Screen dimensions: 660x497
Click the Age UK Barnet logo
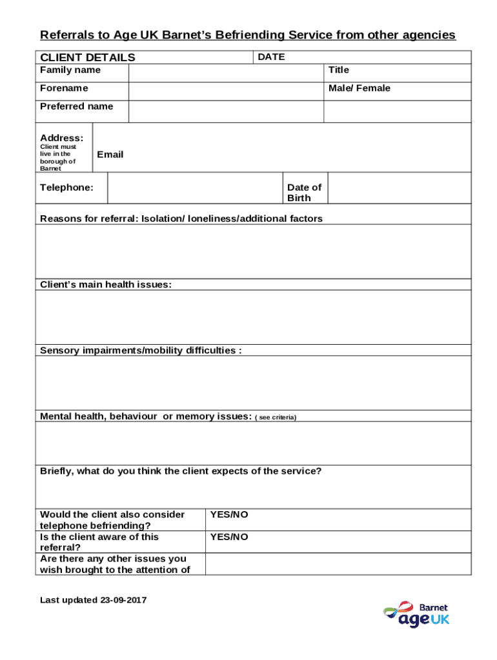click(x=416, y=615)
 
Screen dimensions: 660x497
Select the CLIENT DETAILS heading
click(x=88, y=57)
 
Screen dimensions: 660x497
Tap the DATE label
click(x=271, y=57)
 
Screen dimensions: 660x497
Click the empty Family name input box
click(x=226, y=73)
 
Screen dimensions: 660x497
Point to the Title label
click(x=339, y=70)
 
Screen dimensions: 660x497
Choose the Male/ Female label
click(x=360, y=88)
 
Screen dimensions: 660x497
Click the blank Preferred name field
click(x=226, y=112)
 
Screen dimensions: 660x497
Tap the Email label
click(x=110, y=155)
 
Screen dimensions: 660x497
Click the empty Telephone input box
click(x=194, y=188)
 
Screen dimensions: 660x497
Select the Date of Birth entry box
click(x=400, y=188)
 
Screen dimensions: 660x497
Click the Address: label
click(x=61, y=138)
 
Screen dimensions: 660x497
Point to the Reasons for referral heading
click(x=181, y=218)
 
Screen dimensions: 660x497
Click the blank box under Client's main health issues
click(x=254, y=317)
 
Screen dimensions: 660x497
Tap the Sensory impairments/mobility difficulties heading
click(x=141, y=351)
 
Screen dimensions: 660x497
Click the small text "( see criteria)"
click(x=276, y=418)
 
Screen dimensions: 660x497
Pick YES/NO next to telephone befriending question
click(x=229, y=515)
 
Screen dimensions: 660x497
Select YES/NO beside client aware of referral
click(x=229, y=537)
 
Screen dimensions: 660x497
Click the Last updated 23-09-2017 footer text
click(x=94, y=600)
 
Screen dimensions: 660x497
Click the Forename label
click(x=65, y=88)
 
